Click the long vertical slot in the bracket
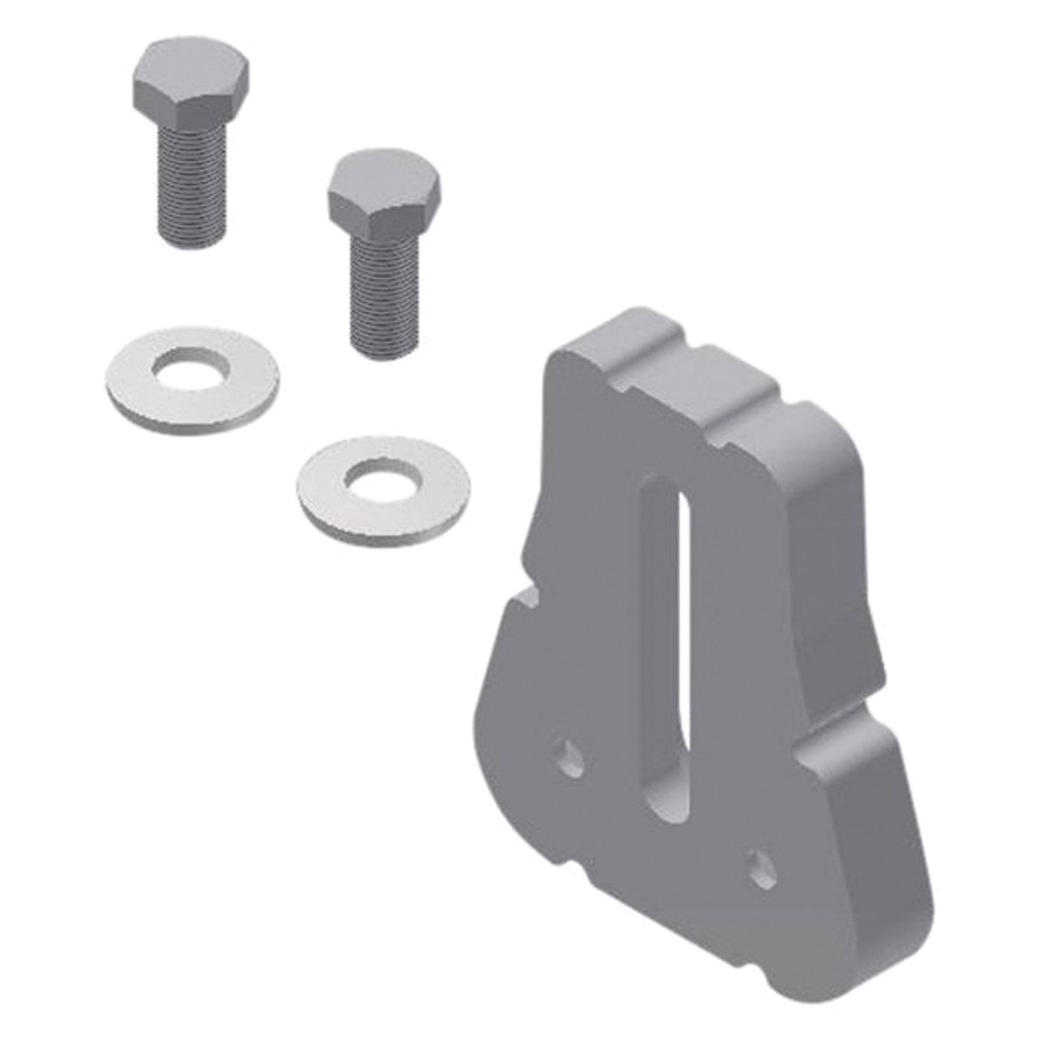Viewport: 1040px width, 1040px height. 663,650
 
